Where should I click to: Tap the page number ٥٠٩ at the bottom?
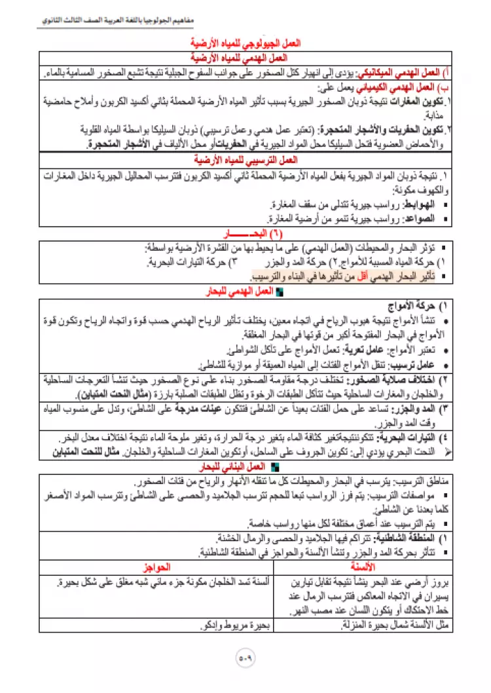pyautogui.click(x=245, y=655)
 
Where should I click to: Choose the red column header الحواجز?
pyautogui.click(x=155, y=564)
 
